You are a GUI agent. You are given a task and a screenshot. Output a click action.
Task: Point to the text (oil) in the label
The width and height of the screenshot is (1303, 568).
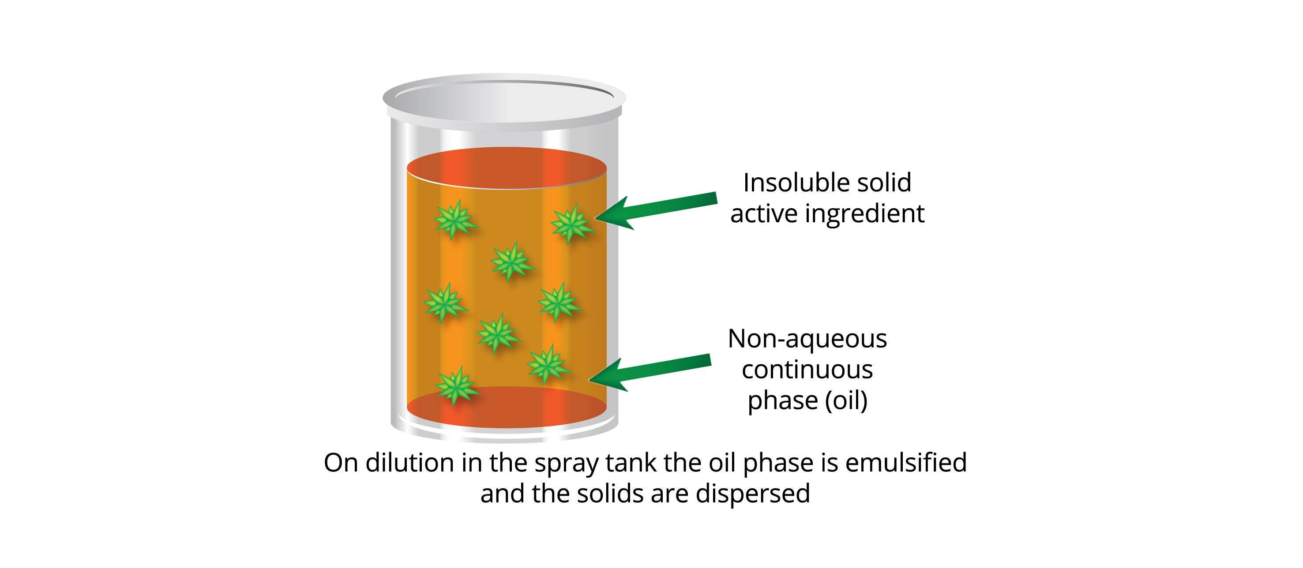click(x=846, y=401)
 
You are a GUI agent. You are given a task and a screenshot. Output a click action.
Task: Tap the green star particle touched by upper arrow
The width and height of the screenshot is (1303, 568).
click(x=571, y=223)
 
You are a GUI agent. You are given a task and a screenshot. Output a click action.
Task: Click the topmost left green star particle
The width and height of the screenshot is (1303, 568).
click(x=455, y=219)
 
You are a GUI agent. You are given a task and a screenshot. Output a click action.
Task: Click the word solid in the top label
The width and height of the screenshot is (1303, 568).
click(x=886, y=183)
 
